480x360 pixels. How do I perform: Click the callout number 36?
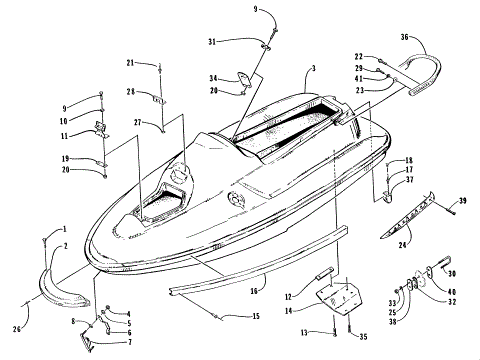point(403,37)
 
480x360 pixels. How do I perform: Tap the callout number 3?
point(312,68)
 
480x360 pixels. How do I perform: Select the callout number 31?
point(212,41)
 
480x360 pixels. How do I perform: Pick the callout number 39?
point(464,203)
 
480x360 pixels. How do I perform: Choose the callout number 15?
point(256,317)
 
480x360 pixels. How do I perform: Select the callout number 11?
point(65,135)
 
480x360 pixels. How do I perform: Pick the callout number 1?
point(64,230)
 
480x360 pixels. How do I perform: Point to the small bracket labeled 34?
point(243,79)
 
